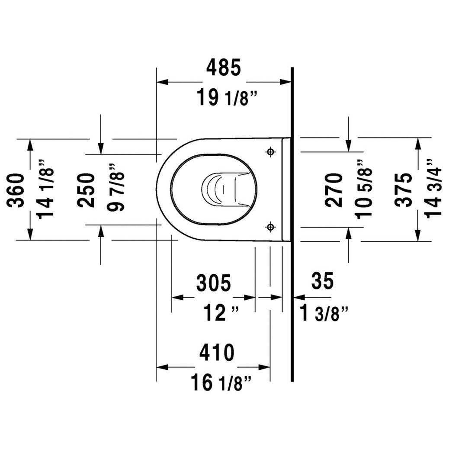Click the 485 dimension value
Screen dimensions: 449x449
[x=223, y=68]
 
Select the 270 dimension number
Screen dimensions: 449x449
[x=334, y=189]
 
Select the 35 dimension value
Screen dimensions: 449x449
[x=322, y=282]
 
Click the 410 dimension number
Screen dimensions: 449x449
[x=216, y=353]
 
